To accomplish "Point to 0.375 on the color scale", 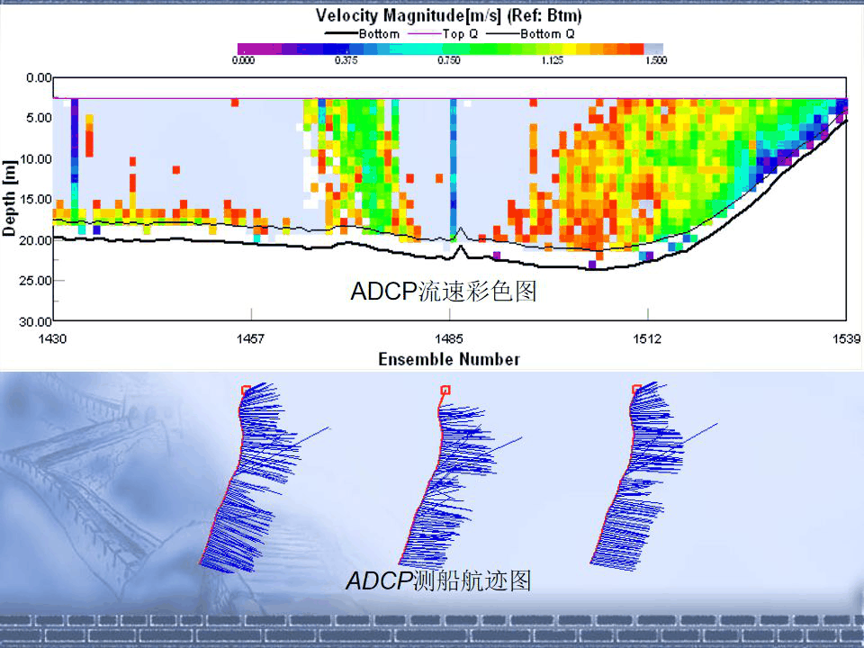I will point(346,61).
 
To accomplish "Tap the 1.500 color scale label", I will point(654,61).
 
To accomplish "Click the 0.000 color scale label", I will point(243,61).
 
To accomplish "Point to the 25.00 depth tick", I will point(34,281).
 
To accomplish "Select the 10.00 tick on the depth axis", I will point(34,159).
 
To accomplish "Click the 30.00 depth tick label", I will point(34,321).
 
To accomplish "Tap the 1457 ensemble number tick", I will point(250,338).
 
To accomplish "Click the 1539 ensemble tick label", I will point(846,338).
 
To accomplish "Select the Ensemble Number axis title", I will point(449,359).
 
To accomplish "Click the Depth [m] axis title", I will point(10,200).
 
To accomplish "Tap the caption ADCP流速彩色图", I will point(443,292).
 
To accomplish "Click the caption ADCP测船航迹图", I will point(439,581).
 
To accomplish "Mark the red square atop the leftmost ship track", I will point(246,390).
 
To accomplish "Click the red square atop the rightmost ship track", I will point(637,390).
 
